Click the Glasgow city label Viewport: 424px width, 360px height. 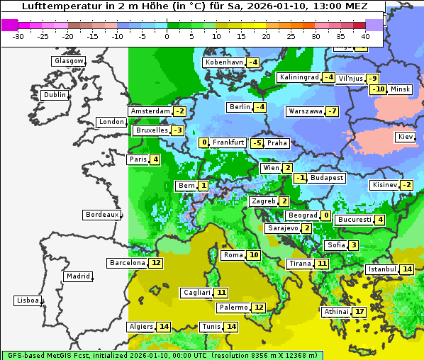(x=68, y=61)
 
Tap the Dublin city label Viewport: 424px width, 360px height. (x=55, y=95)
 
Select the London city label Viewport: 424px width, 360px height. (x=111, y=122)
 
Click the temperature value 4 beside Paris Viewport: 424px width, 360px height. (x=155, y=159)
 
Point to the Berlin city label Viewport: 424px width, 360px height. (x=240, y=107)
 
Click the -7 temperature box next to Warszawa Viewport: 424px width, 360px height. (x=332, y=111)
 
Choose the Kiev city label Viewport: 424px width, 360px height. (x=406, y=137)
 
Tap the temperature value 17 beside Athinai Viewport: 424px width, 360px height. (x=359, y=311)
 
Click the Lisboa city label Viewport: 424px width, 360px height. (x=27, y=300)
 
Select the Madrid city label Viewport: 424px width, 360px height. (x=77, y=276)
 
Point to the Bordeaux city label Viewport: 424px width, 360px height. (x=101, y=215)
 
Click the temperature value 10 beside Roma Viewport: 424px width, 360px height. (x=254, y=255)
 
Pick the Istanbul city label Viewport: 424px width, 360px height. (x=381, y=269)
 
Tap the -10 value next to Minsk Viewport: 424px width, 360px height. (x=378, y=89)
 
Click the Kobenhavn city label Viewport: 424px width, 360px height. (x=224, y=62)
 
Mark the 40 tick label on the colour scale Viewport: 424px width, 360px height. (x=365, y=35)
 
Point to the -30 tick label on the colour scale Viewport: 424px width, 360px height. (x=18, y=35)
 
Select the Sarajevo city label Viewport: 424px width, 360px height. (x=281, y=228)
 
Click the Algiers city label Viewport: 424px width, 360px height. (x=140, y=327)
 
